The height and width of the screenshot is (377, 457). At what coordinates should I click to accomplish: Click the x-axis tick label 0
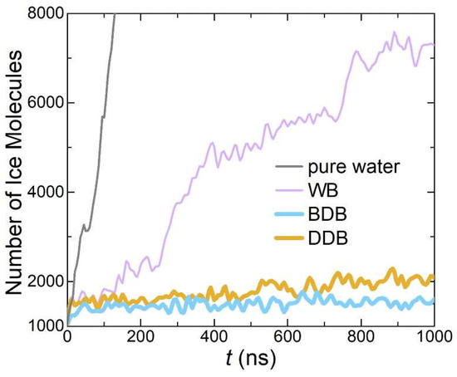(x=66, y=339)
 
